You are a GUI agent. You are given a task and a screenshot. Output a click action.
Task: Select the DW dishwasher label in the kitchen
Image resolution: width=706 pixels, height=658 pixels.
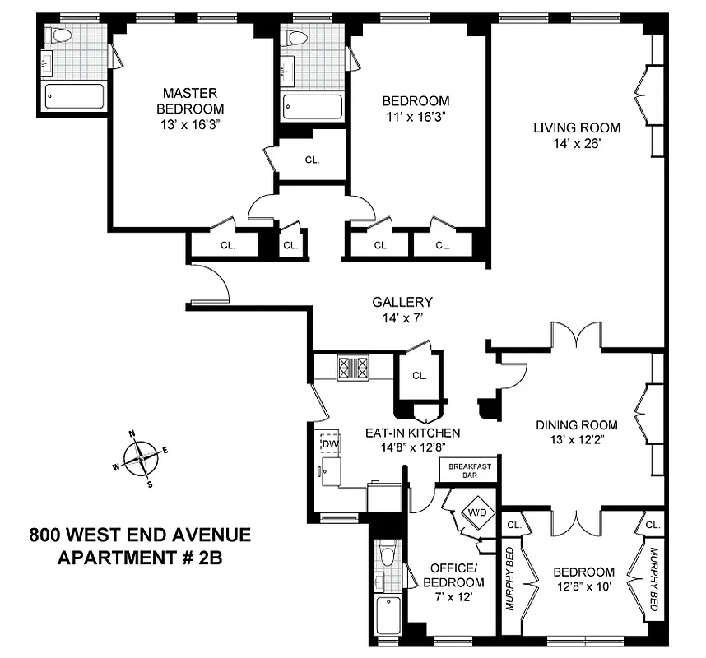(330, 444)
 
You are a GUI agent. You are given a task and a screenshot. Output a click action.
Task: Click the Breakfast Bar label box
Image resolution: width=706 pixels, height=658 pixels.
(470, 470)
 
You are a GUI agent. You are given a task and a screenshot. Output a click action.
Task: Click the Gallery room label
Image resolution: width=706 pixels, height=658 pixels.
(402, 303)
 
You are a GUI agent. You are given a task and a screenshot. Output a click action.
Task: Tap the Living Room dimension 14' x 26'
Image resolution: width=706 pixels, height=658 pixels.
(576, 143)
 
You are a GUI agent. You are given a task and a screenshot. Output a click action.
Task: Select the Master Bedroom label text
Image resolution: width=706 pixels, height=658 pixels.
(191, 100)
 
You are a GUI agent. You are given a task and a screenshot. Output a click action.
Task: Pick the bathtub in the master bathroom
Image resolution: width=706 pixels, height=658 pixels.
(74, 96)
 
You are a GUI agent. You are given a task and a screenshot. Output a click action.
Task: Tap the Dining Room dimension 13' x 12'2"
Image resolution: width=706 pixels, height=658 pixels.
(577, 440)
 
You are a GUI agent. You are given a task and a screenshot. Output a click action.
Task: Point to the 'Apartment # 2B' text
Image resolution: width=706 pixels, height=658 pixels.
(139, 557)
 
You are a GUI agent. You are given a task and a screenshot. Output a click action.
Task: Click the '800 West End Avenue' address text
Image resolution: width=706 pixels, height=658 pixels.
(139, 535)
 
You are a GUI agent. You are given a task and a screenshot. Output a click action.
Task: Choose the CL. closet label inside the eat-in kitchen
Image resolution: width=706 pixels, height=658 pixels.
(420, 376)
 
